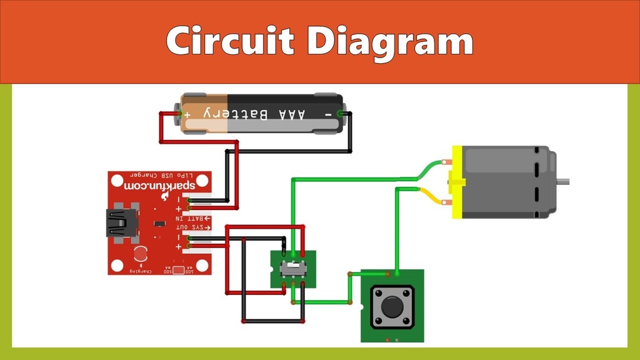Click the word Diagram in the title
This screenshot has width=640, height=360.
pyautogui.click(x=391, y=41)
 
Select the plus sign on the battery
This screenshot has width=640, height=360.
pyautogui.click(x=187, y=114)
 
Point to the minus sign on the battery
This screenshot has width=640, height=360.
pyautogui.click(x=327, y=114)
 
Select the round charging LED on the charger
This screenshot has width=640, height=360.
pyautogui.click(x=141, y=252)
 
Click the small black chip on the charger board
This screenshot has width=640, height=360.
pyautogui.click(x=159, y=223)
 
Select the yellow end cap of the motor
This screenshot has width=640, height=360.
pyautogui.click(x=457, y=182)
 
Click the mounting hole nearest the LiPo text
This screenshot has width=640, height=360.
pyautogui.click(x=117, y=181)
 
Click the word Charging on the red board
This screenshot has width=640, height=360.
pyautogui.click(x=141, y=271)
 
